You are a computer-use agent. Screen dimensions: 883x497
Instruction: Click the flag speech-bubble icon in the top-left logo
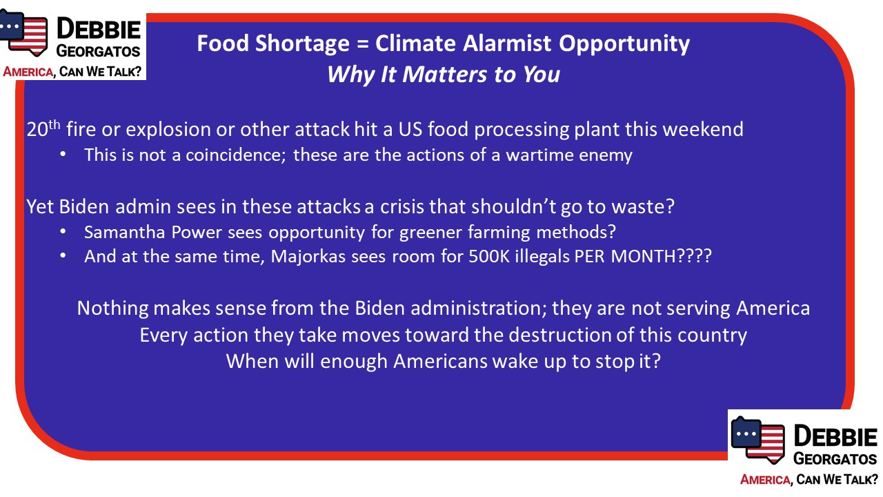[23, 33]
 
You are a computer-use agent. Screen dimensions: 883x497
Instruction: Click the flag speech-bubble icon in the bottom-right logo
[757, 440]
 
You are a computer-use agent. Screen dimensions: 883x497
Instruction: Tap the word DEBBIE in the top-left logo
[99, 30]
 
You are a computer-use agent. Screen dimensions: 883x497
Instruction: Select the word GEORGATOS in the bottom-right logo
[835, 459]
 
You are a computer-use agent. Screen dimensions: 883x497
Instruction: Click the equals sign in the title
[362, 43]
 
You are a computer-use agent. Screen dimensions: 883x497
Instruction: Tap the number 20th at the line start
[43, 129]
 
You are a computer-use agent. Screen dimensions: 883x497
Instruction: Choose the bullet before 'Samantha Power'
[63, 232]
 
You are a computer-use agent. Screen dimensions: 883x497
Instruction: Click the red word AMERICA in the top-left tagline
[28, 72]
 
